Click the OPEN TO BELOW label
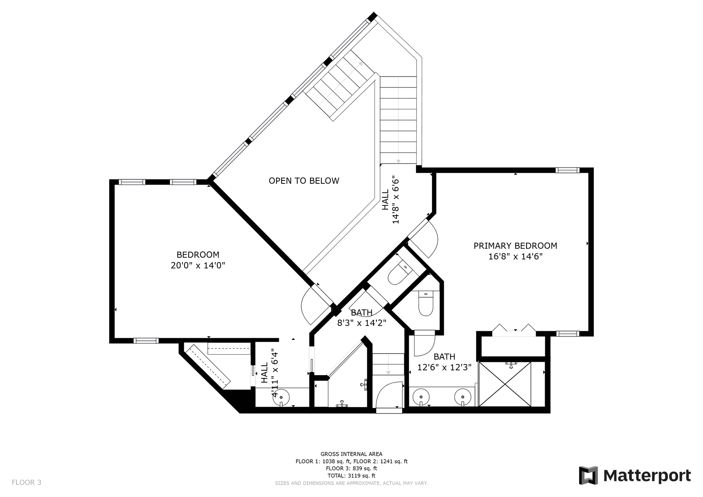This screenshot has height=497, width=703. tap(304, 181)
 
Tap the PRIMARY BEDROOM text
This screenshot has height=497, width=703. tap(515, 246)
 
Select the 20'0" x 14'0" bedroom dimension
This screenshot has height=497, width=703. tap(198, 265)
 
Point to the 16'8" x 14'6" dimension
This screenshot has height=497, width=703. tap(515, 257)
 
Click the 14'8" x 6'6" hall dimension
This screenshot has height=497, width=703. tap(395, 200)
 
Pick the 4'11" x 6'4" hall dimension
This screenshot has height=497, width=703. tap(275, 374)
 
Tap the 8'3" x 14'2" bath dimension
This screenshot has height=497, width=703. tap(362, 323)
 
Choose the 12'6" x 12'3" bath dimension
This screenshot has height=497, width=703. tap(444, 367)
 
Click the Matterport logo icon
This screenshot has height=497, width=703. tap(588, 475)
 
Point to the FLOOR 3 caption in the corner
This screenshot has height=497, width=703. tap(26, 482)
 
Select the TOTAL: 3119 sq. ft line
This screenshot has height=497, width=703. tap(351, 476)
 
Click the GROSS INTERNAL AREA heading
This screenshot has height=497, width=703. tap(351, 454)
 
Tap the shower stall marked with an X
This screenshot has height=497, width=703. tap(505, 384)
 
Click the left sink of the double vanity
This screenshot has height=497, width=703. tap(421, 397)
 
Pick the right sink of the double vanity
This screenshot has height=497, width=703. tap(463, 397)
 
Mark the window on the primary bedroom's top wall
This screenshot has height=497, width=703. tap(568, 170)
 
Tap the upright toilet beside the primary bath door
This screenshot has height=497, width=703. tap(425, 303)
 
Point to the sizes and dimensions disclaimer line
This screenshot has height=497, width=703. tap(351, 483)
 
